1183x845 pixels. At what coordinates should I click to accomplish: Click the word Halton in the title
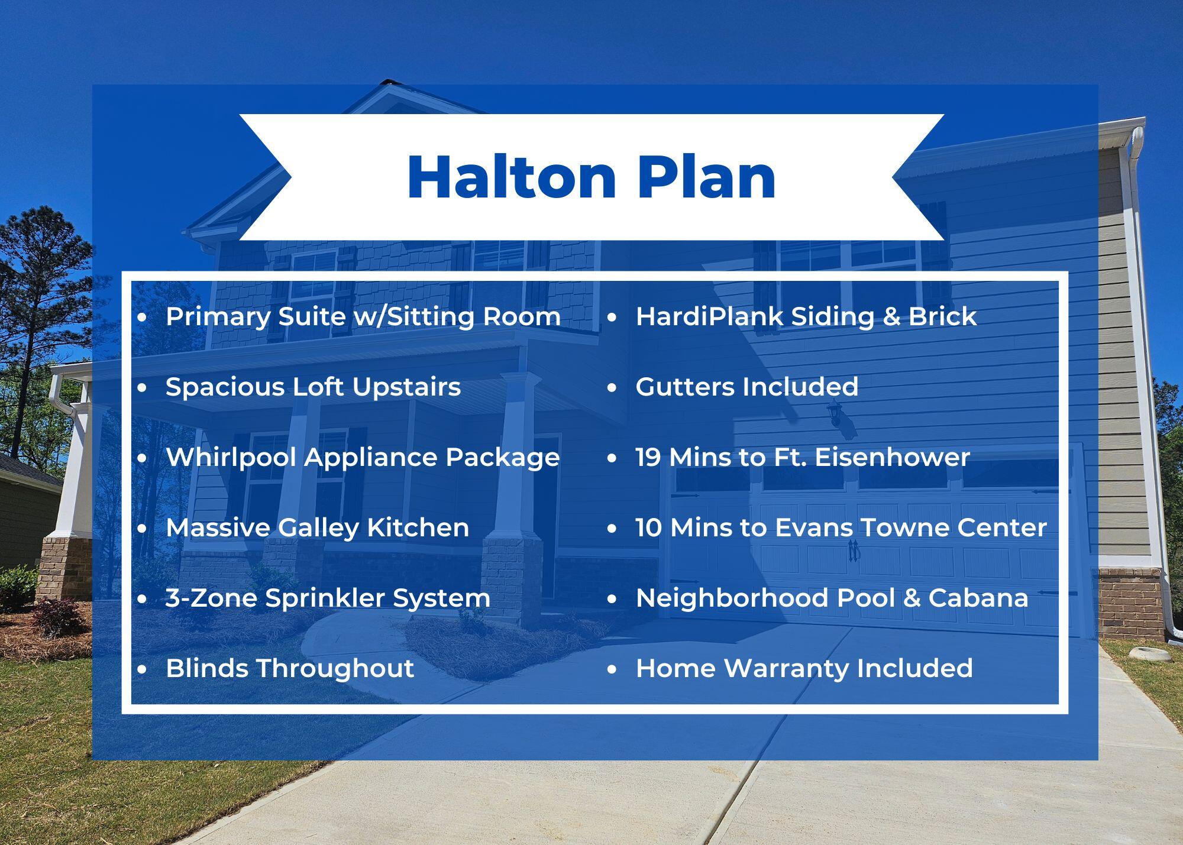tap(512, 177)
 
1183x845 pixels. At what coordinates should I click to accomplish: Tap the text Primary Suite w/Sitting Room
tap(363, 317)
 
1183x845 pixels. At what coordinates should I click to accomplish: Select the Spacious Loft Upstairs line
tap(313, 387)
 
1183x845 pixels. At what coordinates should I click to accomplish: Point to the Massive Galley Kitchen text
tap(317, 528)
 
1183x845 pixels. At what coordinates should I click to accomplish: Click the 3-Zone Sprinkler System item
tap(328, 598)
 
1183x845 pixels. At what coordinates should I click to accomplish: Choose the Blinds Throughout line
tap(289, 669)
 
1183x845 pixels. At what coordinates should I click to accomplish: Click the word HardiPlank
tap(709, 317)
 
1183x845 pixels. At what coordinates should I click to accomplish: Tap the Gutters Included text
tap(746, 387)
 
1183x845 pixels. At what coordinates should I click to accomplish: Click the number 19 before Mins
tap(648, 458)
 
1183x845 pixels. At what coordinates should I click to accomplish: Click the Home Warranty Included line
tap(804, 669)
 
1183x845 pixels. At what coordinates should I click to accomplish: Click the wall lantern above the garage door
tap(835, 412)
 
